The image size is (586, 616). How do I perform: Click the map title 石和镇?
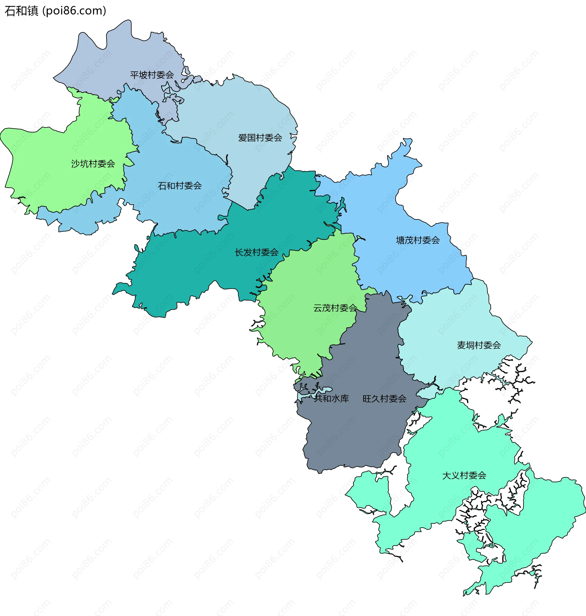21,11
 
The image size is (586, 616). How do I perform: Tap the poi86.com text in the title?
74,11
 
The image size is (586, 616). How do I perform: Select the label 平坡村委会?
152,75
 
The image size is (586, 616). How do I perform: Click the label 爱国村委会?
260,138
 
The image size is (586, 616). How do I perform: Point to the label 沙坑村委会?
93,164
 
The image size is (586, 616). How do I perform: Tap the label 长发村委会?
256,252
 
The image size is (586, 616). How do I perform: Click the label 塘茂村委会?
418,240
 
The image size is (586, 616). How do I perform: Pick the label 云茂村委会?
335,308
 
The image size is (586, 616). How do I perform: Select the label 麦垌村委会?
479,345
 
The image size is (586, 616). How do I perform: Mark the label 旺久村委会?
384,399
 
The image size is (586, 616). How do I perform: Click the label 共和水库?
331,399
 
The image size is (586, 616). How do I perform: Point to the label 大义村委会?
464,476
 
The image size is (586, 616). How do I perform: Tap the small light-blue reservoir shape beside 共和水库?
325,390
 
